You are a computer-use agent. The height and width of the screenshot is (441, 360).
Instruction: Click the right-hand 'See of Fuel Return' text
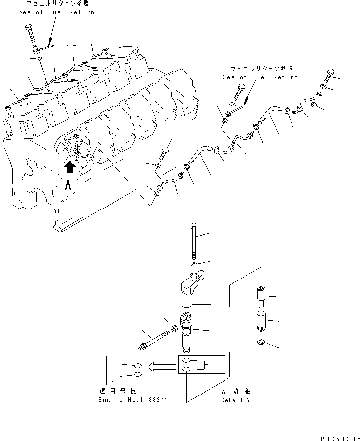(260, 74)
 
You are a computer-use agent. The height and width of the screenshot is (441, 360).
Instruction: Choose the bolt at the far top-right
(328, 76)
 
